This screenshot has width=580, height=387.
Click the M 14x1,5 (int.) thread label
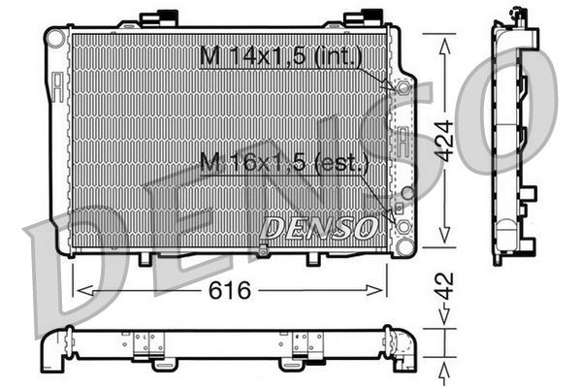tap(280, 57)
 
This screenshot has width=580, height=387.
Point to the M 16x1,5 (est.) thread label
tap(282, 163)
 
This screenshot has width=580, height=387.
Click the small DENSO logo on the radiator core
tap(319, 228)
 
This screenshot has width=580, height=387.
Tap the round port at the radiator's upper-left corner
tap(57, 38)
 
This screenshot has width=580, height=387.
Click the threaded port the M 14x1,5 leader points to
tap(400, 87)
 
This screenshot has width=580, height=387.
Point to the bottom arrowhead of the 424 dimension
tap(444, 242)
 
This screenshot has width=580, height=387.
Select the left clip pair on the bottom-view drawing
tap(148, 341)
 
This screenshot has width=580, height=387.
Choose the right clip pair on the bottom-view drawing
tap(306, 341)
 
